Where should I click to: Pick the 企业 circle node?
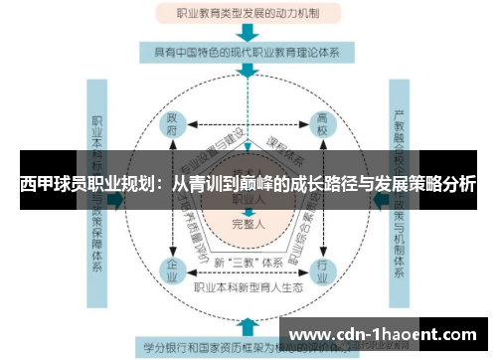point(172,270)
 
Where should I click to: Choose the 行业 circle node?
point(321,270)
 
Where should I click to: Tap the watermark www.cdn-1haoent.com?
point(384,334)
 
